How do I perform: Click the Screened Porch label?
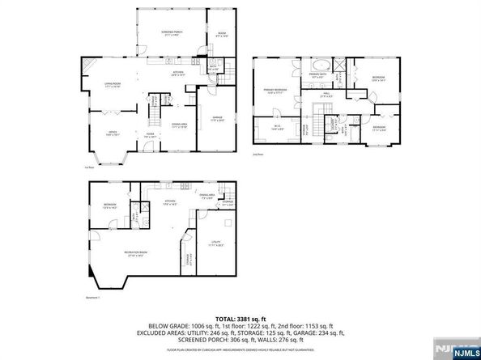tap(171, 32)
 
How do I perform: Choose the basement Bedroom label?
tap(109, 206)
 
